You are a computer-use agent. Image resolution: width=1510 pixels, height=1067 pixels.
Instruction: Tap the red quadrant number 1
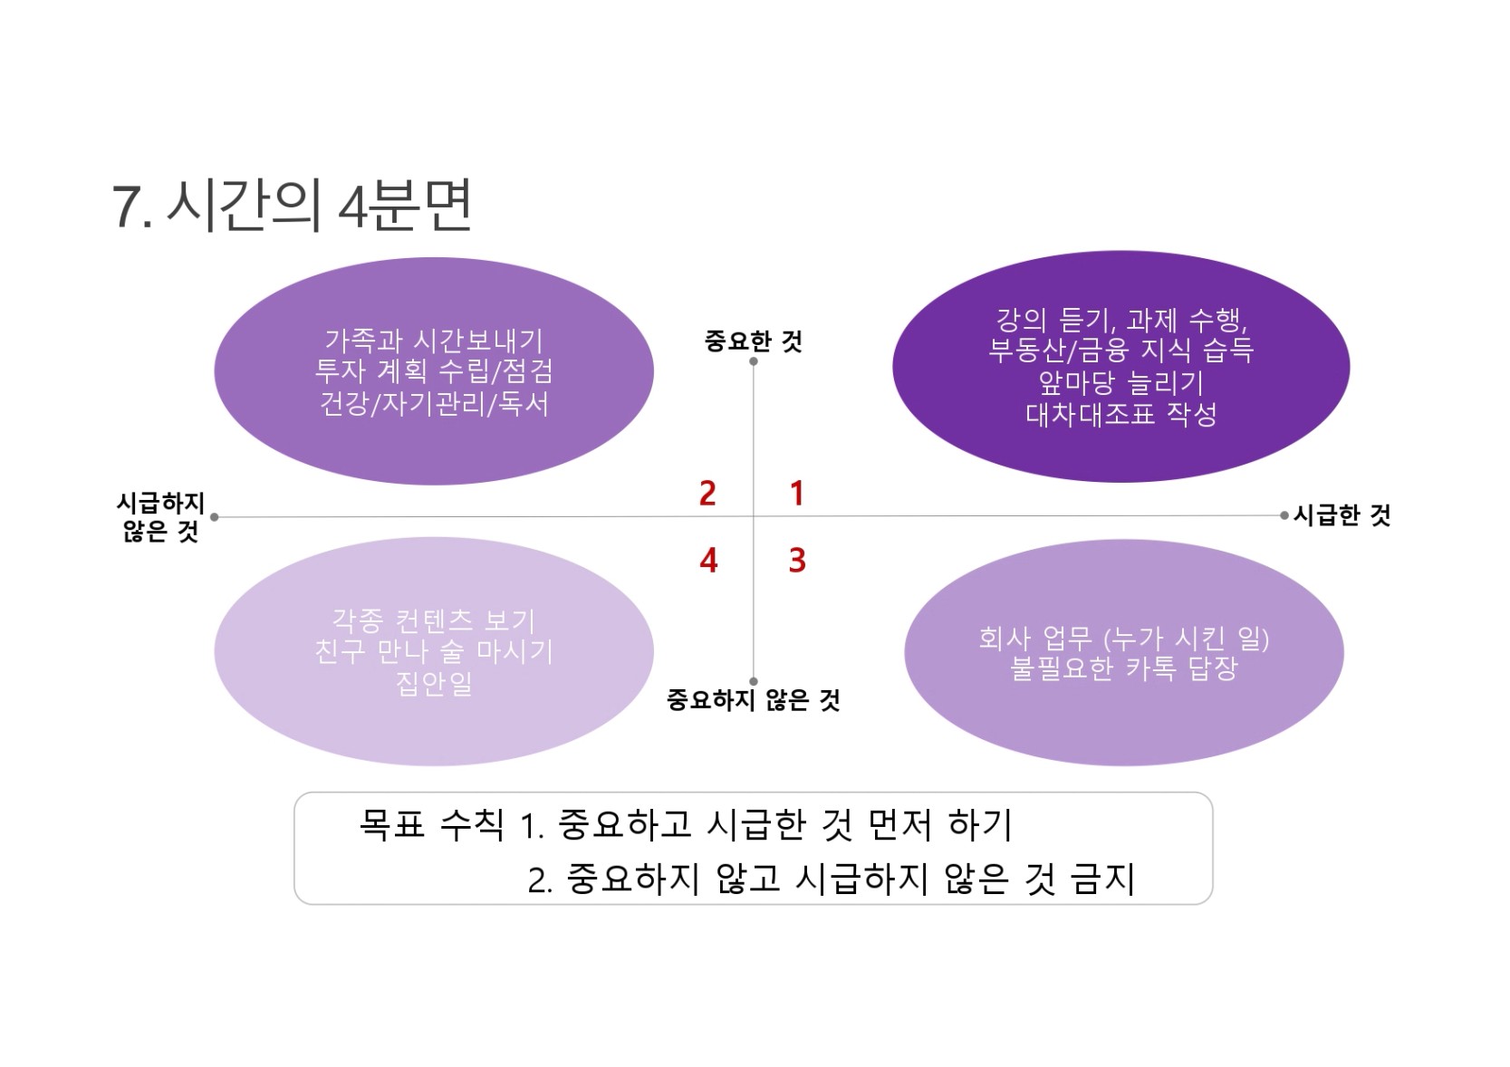click(x=797, y=493)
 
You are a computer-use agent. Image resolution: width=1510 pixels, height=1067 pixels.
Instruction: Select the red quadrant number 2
click(x=707, y=493)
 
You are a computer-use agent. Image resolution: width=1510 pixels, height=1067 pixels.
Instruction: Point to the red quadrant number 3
click(x=797, y=560)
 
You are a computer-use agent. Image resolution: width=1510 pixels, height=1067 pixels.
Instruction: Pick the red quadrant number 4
click(x=708, y=560)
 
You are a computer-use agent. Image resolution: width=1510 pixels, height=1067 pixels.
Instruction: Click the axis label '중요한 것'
click(x=753, y=341)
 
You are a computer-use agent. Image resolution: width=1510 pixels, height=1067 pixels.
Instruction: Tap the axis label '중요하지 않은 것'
click(x=753, y=699)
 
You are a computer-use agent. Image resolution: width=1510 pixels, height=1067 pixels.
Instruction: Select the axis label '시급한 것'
click(x=1342, y=515)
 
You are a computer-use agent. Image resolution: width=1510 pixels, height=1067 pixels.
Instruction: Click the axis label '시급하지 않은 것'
click(x=160, y=517)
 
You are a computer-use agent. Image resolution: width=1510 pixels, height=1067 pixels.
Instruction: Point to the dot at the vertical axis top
click(x=753, y=361)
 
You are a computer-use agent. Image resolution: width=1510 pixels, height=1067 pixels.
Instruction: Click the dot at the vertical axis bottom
click(x=753, y=681)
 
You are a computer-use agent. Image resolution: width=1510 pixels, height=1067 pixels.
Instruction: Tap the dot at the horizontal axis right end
click(x=1284, y=515)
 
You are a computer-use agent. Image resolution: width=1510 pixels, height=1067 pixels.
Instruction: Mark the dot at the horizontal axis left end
click(x=215, y=517)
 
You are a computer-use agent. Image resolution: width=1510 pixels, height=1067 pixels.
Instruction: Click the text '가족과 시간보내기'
click(x=434, y=341)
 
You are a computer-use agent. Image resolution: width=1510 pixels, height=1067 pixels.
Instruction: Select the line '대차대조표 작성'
click(x=1121, y=414)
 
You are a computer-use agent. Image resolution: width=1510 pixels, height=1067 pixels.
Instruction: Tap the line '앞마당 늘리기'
click(x=1121, y=382)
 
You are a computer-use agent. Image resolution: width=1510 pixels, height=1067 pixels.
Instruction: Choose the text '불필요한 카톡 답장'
click(x=1124, y=668)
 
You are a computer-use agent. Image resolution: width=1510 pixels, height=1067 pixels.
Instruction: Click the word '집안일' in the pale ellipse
click(x=434, y=684)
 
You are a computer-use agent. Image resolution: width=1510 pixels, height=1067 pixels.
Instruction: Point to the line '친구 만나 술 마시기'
click(x=434, y=652)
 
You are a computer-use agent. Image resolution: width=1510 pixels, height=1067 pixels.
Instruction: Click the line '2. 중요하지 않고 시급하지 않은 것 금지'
click(x=832, y=879)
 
